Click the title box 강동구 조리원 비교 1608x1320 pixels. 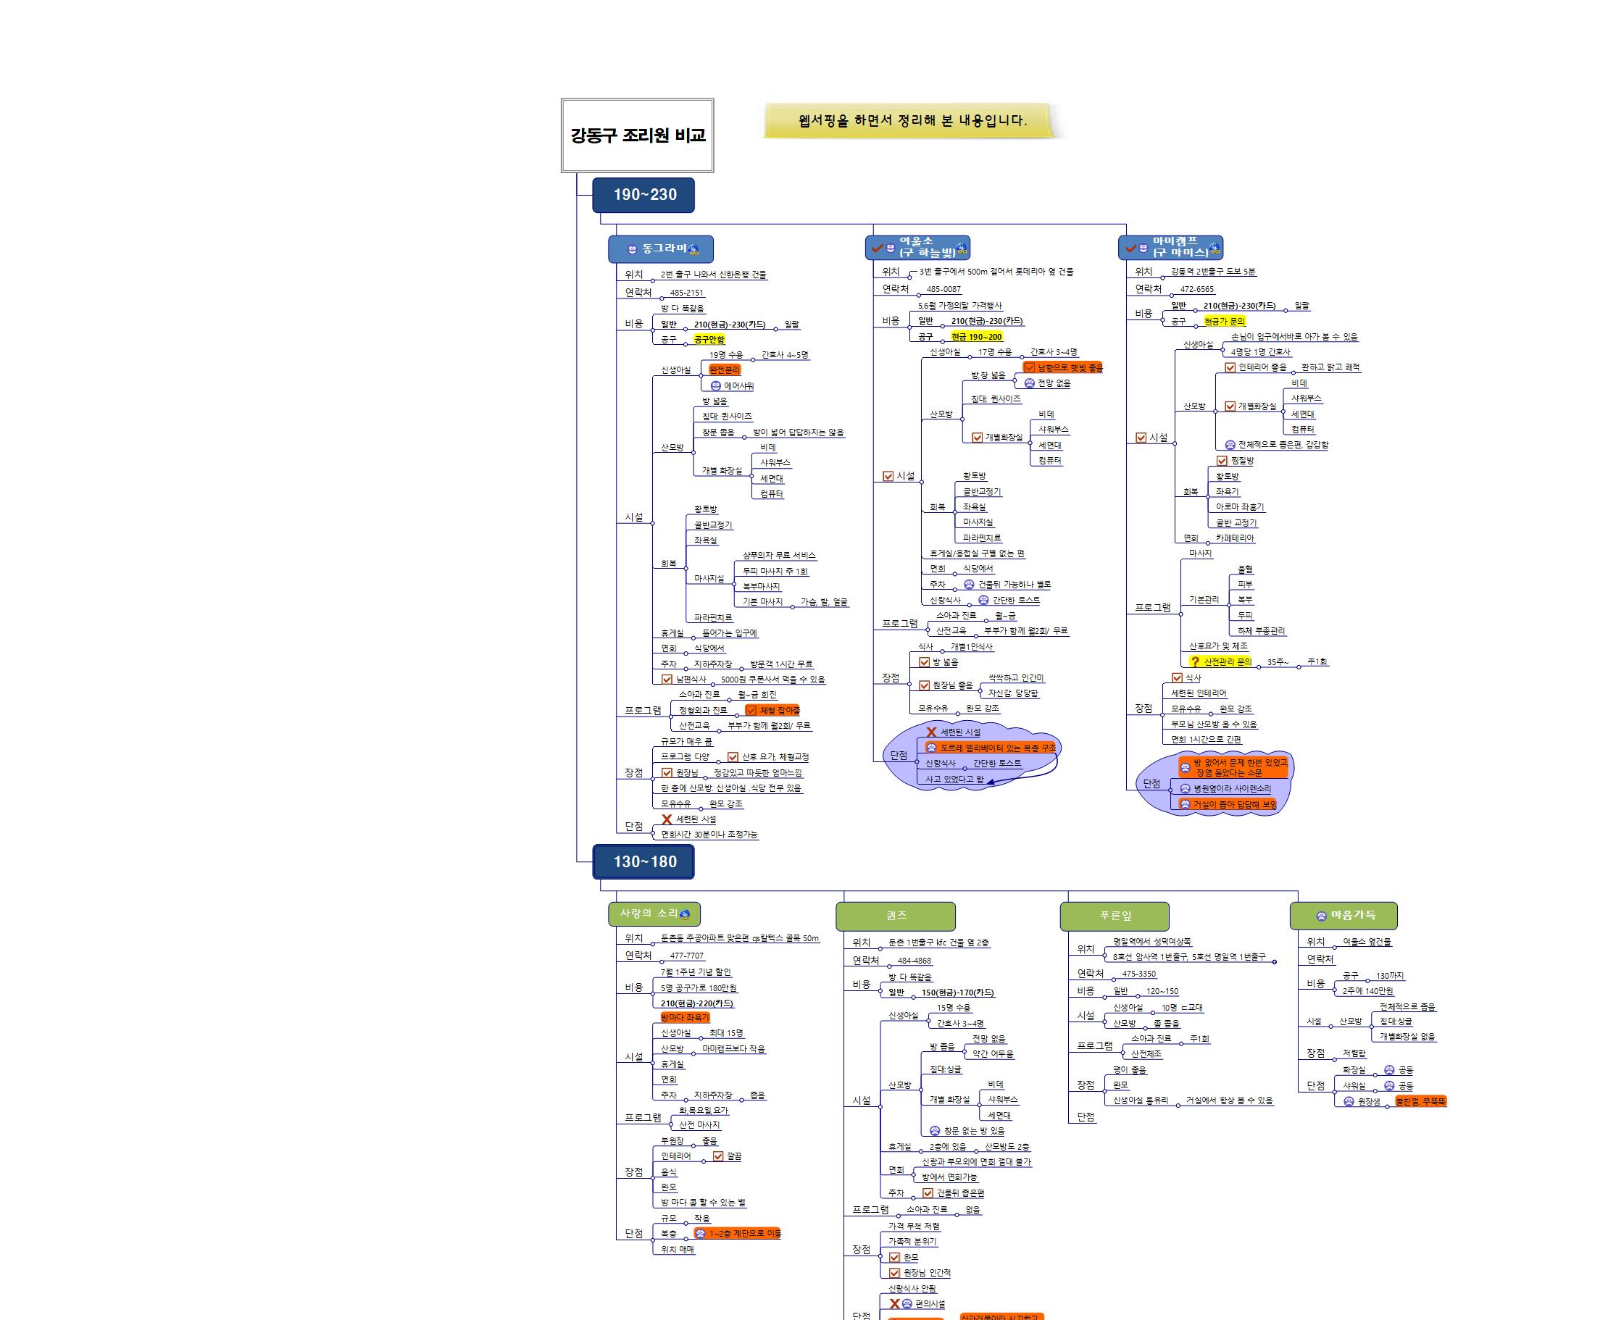pyautogui.click(x=638, y=135)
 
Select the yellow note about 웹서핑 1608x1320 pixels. pyautogui.click(x=912, y=120)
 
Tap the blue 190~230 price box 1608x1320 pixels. pyautogui.click(x=643, y=195)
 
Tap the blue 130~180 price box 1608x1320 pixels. pyautogui.click(x=643, y=861)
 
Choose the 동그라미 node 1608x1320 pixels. pyautogui.click(x=661, y=248)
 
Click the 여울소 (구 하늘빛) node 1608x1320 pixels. pyautogui.click(x=918, y=247)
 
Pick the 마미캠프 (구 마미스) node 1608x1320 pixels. pyautogui.click(x=1171, y=247)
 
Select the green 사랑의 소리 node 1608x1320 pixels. pyautogui.click(x=654, y=913)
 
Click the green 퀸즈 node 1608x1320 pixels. pyautogui.click(x=895, y=916)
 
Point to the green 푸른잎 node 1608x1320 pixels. pyautogui.click(x=1115, y=916)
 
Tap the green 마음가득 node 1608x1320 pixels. pyautogui.click(x=1344, y=916)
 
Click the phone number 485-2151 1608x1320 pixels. pyautogui.click(x=687, y=293)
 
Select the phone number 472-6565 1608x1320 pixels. pyautogui.click(x=1196, y=289)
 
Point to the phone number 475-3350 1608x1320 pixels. pyautogui.click(x=1138, y=973)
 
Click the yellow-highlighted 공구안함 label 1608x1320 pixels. pyautogui.click(x=709, y=340)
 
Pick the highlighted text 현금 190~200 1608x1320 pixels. pyautogui.click(x=976, y=337)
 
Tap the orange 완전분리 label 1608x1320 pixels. pyautogui.click(x=724, y=369)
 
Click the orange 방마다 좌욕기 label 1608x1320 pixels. pyautogui.click(x=685, y=1017)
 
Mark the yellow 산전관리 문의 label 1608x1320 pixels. pyautogui.click(x=1221, y=661)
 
